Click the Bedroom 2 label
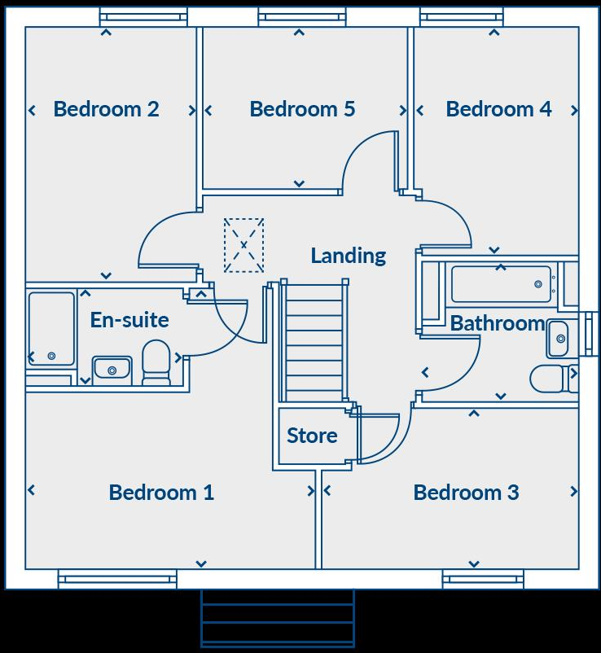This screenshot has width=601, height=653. (106, 109)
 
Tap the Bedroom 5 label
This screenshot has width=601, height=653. (302, 109)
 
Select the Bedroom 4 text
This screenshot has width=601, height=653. (498, 109)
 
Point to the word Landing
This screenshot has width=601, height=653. (348, 256)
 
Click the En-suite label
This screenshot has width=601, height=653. (129, 320)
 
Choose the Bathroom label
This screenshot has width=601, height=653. (497, 323)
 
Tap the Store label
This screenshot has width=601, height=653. (312, 436)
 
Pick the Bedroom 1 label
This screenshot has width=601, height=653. (161, 493)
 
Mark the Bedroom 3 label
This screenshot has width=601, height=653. (466, 493)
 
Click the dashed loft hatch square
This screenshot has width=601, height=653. (243, 245)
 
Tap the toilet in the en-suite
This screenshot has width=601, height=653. (156, 362)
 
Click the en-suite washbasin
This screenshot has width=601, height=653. (112, 369)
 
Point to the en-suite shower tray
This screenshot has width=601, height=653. (51, 329)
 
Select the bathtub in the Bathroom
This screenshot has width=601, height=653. (500, 284)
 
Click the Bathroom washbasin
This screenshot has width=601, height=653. (558, 339)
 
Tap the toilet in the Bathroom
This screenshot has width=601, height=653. (549, 379)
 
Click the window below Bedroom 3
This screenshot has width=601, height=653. (483, 579)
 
